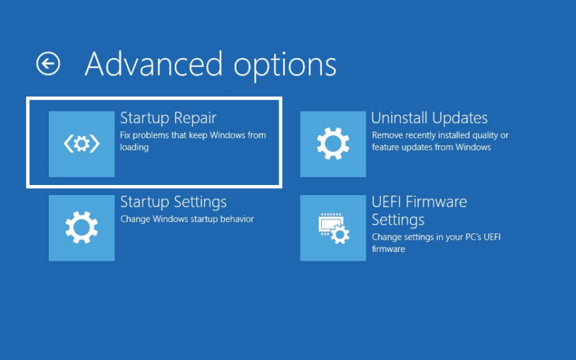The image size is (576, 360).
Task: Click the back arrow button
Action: pos(48,63)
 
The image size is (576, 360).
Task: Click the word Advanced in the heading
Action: pos(153,64)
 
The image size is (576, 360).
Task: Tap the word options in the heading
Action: pos(285,67)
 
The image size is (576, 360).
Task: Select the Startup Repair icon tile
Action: pos(81,144)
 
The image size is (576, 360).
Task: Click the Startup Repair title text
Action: pos(168,118)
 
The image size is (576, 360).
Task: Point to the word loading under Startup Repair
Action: pos(134,148)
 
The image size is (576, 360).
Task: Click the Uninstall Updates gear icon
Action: pos(333,144)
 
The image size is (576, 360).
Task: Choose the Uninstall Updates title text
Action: pos(429,118)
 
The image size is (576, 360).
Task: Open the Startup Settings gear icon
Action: pos(81,228)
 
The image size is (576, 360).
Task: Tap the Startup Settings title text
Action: pos(174,202)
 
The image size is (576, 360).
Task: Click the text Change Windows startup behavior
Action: pos(187,219)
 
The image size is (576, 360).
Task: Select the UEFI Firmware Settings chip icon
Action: pos(333,228)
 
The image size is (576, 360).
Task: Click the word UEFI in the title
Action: pos(387,202)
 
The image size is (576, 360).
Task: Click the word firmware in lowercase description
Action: pos(388,248)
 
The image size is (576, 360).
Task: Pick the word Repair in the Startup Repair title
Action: pos(195,119)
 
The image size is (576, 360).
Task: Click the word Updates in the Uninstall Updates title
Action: pos(459,118)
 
